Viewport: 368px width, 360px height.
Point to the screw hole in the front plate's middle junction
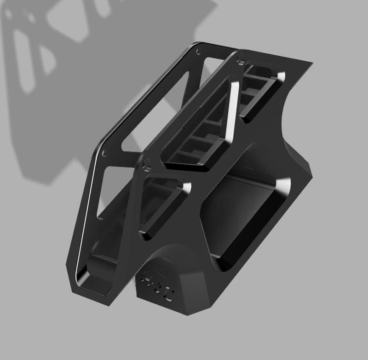click(148, 163)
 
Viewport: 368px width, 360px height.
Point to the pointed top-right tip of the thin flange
click(311, 62)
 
